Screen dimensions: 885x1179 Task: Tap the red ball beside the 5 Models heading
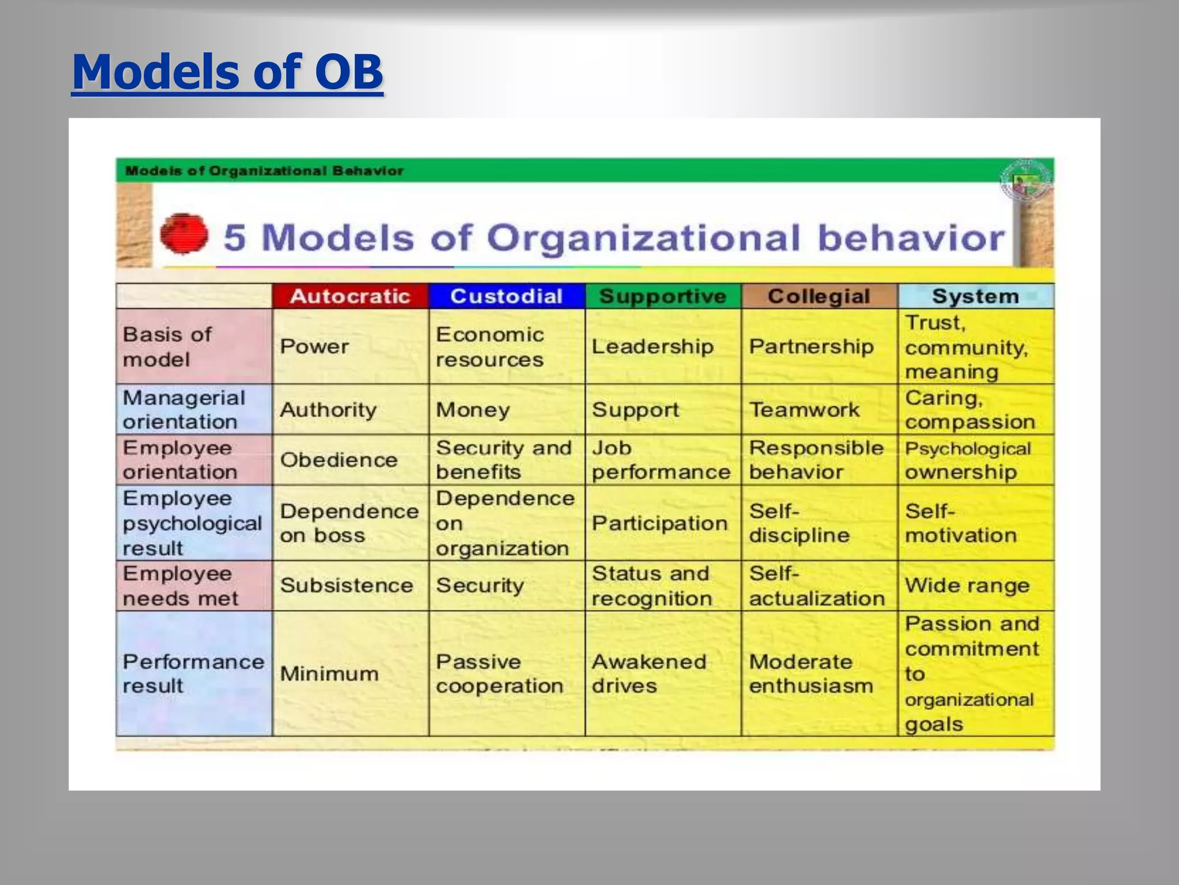pyautogui.click(x=184, y=234)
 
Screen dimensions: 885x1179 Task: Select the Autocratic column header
pyautogui.click(x=350, y=296)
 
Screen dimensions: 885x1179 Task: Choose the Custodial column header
pyautogui.click(x=506, y=296)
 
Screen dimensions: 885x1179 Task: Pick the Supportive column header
pyautogui.click(x=663, y=296)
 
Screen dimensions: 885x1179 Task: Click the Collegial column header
pyautogui.click(x=819, y=296)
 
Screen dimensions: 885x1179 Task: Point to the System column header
pyautogui.click(x=975, y=296)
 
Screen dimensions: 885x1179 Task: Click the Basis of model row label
pyautogui.click(x=167, y=347)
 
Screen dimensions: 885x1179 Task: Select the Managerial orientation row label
pyautogui.click(x=184, y=410)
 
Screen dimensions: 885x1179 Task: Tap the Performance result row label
pyautogui.click(x=193, y=674)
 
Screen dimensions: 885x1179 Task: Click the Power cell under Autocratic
pyautogui.click(x=314, y=347)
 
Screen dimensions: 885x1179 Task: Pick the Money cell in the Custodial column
pyautogui.click(x=473, y=410)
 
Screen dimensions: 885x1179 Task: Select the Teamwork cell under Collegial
pyautogui.click(x=804, y=410)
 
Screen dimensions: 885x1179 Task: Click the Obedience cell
pyautogui.click(x=339, y=460)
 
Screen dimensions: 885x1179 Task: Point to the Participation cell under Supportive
pyautogui.click(x=660, y=523)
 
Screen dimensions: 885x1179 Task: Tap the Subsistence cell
pyautogui.click(x=347, y=585)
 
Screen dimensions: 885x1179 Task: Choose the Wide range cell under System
pyautogui.click(x=967, y=585)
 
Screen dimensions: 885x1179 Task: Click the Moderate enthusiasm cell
pyautogui.click(x=811, y=674)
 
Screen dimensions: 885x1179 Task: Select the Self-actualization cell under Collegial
pyautogui.click(x=816, y=586)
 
